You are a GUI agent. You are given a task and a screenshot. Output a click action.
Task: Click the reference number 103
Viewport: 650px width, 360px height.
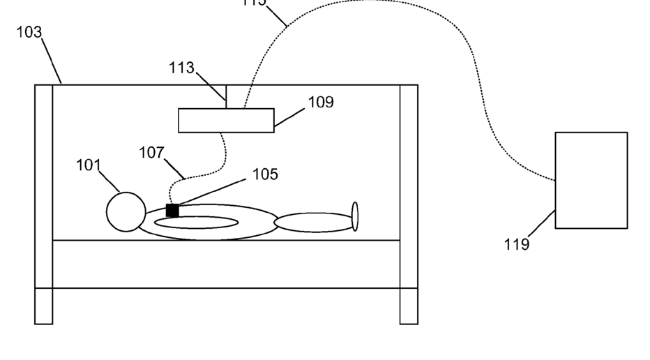pyautogui.click(x=29, y=33)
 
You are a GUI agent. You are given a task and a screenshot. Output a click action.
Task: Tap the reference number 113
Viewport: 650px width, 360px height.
pyautogui.click(x=181, y=68)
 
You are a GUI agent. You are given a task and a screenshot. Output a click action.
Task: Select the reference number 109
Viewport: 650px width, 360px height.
pyautogui.click(x=321, y=103)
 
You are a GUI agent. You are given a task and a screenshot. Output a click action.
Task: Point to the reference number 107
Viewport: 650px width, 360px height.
pyautogui.click(x=151, y=152)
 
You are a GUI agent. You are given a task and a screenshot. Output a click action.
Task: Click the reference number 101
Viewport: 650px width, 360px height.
pyautogui.click(x=89, y=165)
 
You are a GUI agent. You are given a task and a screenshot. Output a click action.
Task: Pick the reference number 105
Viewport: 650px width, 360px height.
pyautogui.click(x=265, y=174)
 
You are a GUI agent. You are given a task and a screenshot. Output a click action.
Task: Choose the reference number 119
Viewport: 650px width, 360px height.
pyautogui.click(x=517, y=244)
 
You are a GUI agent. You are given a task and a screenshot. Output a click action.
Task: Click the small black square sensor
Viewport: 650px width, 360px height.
pyautogui.click(x=172, y=210)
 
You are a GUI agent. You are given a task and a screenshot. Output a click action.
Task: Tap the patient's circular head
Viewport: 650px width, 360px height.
pyautogui.click(x=126, y=211)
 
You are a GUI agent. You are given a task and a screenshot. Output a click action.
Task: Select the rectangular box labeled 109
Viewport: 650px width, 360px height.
pyautogui.click(x=226, y=120)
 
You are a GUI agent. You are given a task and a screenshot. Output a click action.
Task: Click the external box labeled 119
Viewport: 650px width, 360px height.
pyautogui.click(x=591, y=180)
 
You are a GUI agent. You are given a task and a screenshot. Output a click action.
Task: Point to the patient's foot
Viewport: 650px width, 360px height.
pyautogui.click(x=355, y=216)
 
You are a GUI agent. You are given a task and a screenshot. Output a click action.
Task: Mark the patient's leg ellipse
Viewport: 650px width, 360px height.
pyautogui.click(x=313, y=223)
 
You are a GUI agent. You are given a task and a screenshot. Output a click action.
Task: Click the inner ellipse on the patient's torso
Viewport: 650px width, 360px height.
pyautogui.click(x=196, y=223)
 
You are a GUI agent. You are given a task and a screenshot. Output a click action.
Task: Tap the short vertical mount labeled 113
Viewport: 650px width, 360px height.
pyautogui.click(x=226, y=96)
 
